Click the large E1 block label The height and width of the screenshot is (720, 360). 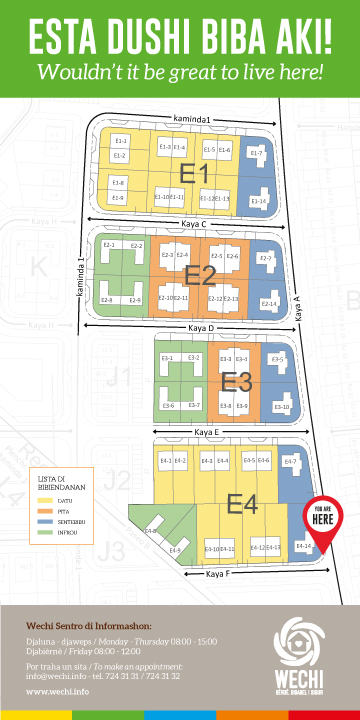pos(193,174)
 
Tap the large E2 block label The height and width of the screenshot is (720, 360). pos(200,275)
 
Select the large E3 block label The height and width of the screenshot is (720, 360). pos(236,381)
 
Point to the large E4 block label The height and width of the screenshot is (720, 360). pos(243,501)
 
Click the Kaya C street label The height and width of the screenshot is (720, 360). pos(188,224)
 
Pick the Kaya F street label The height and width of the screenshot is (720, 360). pos(221,574)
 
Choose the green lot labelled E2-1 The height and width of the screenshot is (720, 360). pos(110,246)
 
